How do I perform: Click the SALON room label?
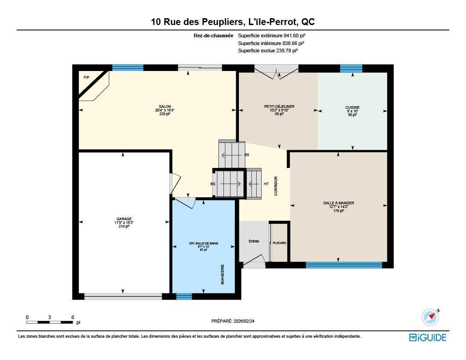tap(165, 106)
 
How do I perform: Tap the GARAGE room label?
tap(124, 219)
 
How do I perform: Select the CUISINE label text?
tap(353, 107)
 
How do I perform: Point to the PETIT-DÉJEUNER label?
tap(279, 106)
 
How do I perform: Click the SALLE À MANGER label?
tap(339, 203)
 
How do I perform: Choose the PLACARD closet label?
tap(279, 243)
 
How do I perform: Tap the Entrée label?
tap(254, 241)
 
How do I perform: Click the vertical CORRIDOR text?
tap(276, 186)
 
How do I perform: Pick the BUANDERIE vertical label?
tap(223, 274)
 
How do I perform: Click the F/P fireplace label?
tap(86, 77)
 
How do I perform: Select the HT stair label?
tap(266, 184)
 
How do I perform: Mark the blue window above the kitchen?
tap(351, 68)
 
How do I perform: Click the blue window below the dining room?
tap(344, 265)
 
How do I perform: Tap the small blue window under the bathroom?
tap(184, 296)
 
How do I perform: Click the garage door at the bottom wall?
tap(123, 296)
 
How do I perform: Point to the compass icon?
tap(431, 317)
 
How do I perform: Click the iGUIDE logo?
tap(428, 337)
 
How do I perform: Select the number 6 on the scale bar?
tap(73, 317)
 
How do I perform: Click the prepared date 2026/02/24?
tap(244, 321)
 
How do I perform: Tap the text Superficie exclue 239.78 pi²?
tap(268, 51)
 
